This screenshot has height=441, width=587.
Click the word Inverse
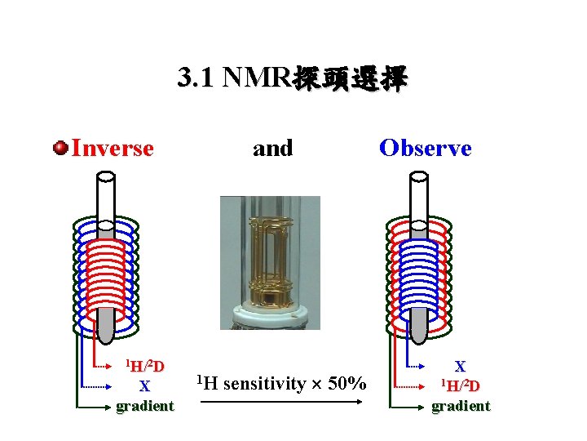point(113,149)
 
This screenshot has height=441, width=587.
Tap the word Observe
point(425,149)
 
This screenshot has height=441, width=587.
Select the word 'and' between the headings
point(272,149)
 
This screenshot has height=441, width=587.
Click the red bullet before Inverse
point(60,148)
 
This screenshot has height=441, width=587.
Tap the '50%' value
point(346,383)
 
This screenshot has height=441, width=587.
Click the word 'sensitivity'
point(263,383)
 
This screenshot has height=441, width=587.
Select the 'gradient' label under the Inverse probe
point(144,406)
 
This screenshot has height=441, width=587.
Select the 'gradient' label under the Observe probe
point(461,406)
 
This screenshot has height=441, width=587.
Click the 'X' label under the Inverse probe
point(144,386)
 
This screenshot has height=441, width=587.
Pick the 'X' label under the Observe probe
point(460,367)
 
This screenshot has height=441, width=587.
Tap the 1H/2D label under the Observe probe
point(460,386)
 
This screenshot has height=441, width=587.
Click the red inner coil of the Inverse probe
point(106,278)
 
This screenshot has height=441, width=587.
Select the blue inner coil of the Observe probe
point(420,278)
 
